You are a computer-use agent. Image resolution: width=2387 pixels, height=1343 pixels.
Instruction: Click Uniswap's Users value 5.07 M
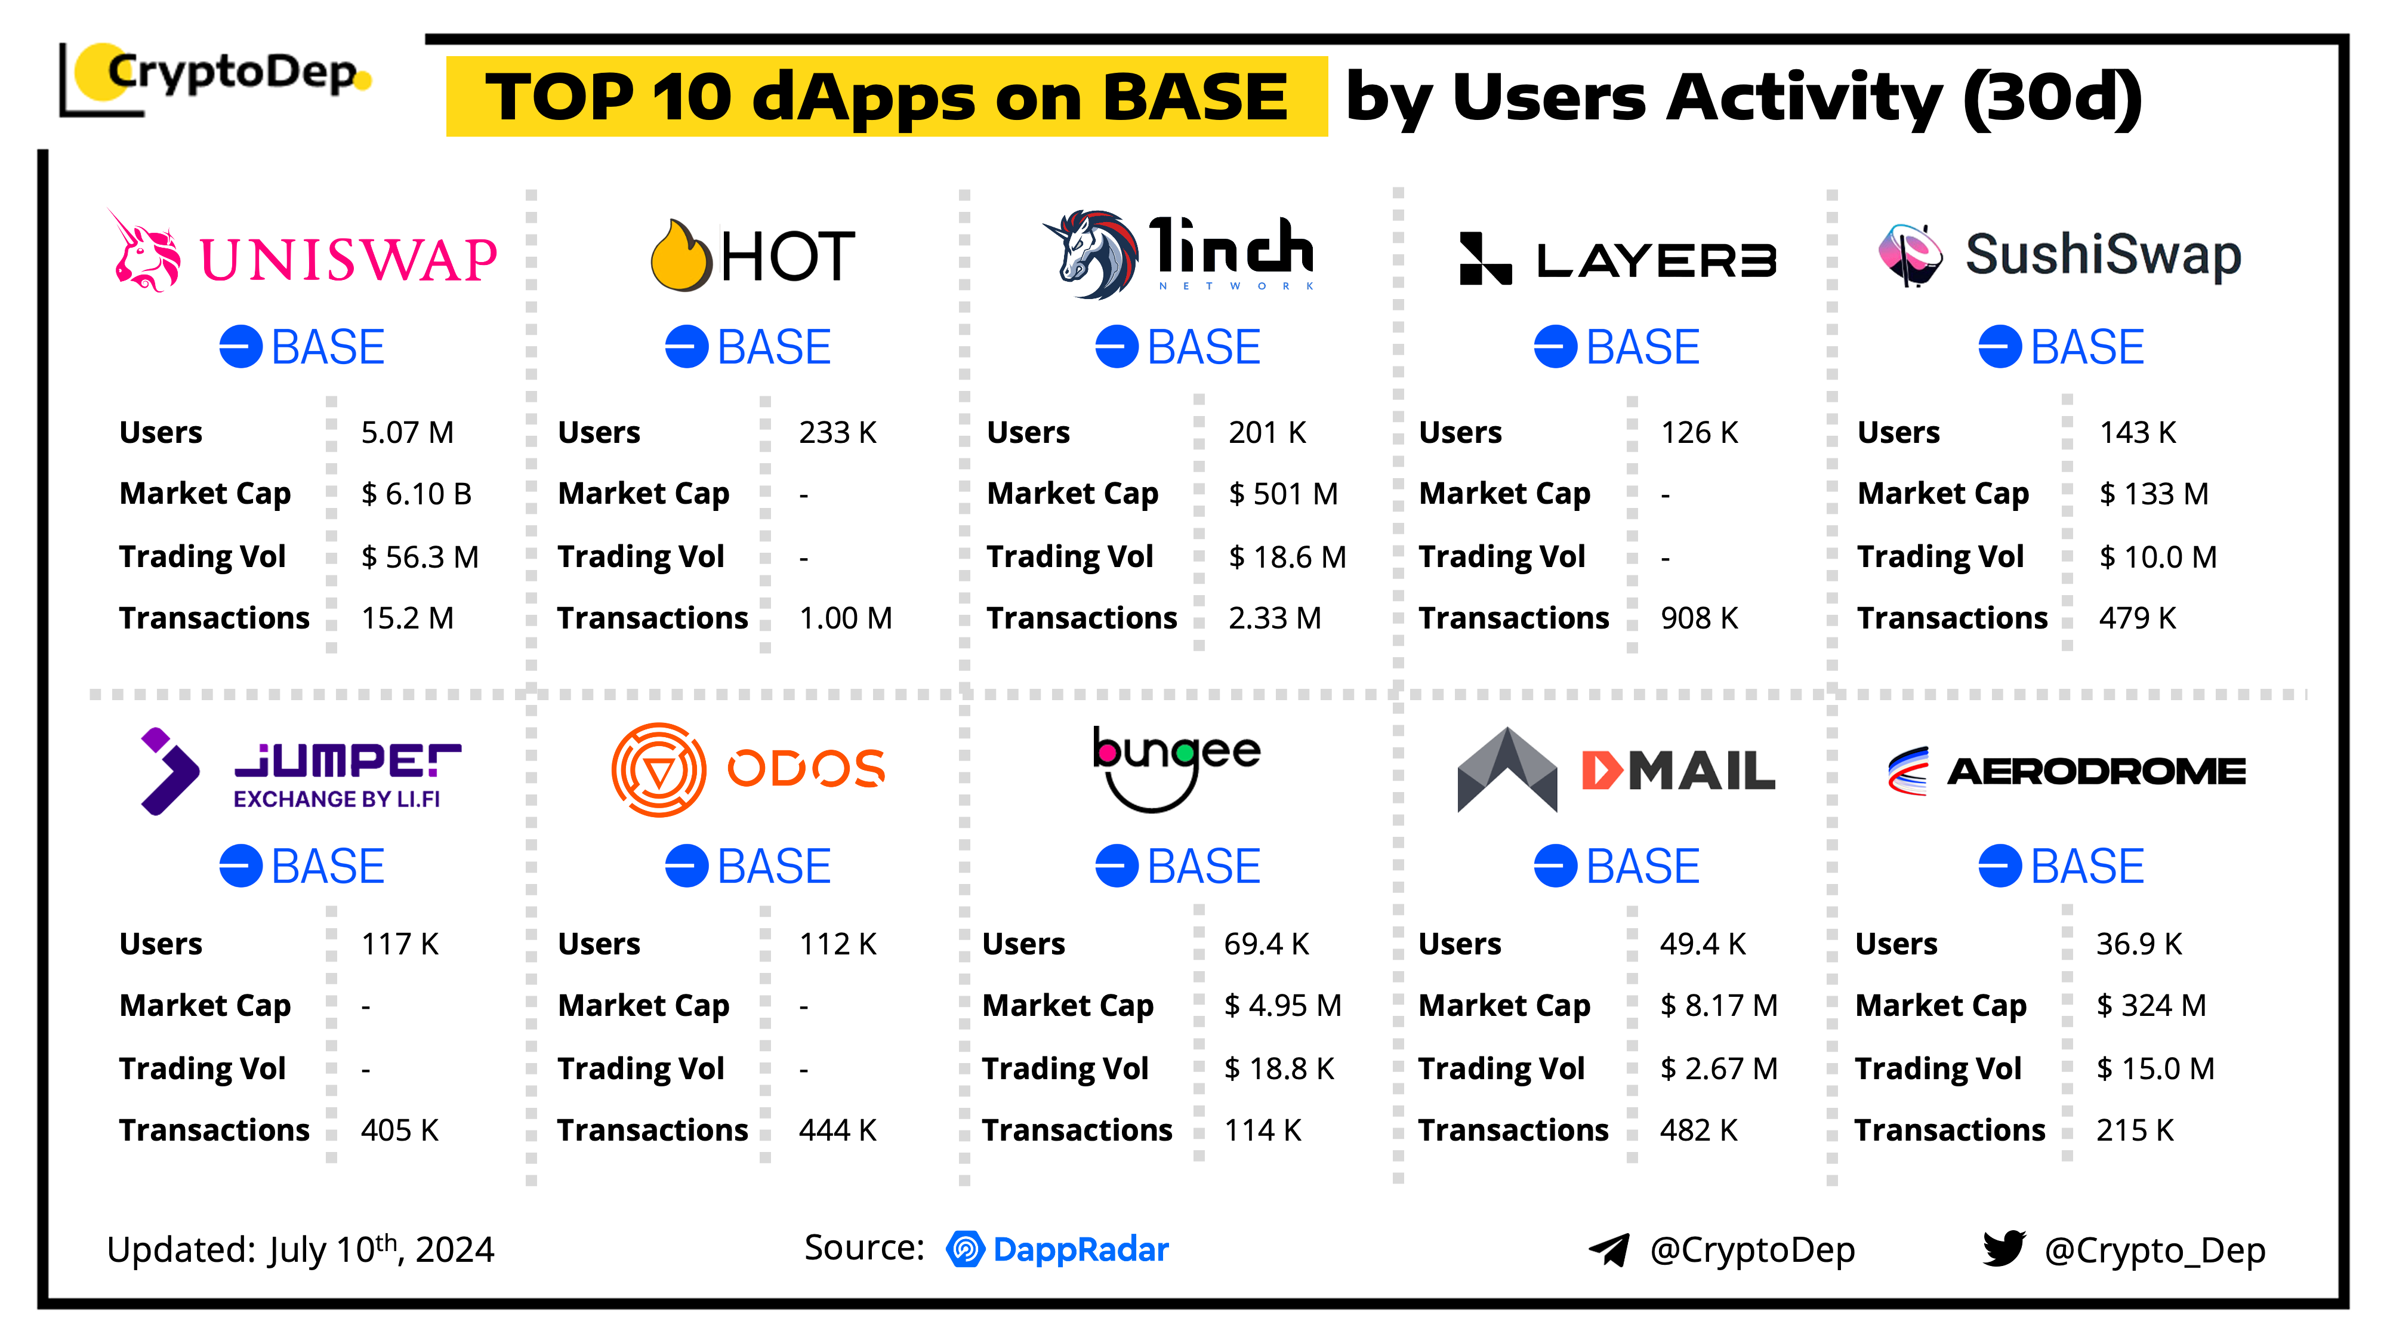tap(407, 433)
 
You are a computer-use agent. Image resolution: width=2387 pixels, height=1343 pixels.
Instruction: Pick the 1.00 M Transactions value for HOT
tap(845, 618)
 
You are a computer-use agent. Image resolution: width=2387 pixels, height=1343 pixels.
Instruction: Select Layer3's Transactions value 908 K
tap(1698, 618)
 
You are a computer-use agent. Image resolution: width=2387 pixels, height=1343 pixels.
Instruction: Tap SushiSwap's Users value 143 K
tap(2137, 433)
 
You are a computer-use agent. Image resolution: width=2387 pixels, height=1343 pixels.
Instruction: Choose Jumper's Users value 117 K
tap(399, 944)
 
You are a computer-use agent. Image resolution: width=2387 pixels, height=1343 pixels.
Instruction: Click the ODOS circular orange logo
tap(659, 770)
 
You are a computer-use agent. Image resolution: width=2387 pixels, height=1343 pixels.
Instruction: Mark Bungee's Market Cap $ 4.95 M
tap(1282, 1006)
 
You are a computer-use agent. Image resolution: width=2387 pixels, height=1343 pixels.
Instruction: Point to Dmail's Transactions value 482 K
tap(1698, 1131)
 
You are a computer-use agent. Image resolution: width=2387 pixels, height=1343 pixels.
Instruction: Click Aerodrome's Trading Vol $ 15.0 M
tap(2155, 1068)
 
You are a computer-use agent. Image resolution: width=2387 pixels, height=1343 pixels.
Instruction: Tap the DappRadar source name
tap(1081, 1249)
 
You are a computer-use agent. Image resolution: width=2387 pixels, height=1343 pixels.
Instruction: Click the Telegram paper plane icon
tap(1609, 1250)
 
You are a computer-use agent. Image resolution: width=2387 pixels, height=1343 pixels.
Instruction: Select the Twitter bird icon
tap(2003, 1249)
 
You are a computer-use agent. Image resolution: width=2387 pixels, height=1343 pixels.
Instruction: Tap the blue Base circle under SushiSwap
tap(2000, 347)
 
